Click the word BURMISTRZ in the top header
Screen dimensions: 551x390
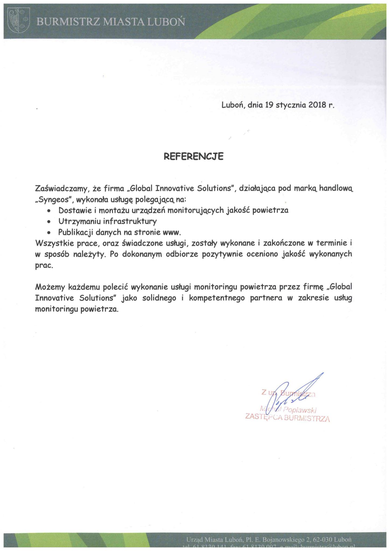(68, 22)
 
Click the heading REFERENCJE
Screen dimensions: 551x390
(194, 156)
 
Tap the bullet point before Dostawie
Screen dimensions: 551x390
(49, 211)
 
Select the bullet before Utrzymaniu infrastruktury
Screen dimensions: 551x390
(49, 222)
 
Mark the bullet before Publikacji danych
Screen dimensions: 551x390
(49, 233)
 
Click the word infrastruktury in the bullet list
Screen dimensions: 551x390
(130, 221)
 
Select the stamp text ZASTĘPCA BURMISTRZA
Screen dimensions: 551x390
(287, 418)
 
